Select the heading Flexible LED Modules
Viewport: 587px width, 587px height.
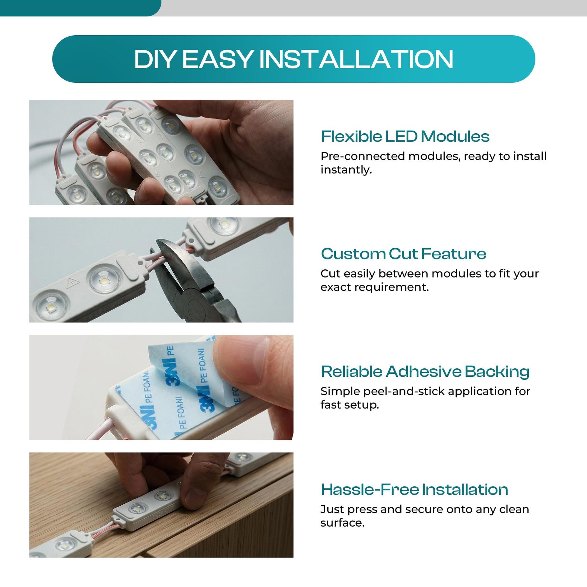click(405, 136)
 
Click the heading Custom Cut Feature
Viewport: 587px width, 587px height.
click(404, 254)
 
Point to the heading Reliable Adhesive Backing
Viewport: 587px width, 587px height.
click(425, 372)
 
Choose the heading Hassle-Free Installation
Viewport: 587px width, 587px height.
click(414, 490)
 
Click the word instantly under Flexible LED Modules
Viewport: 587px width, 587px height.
click(346, 170)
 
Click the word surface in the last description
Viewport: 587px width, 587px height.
click(342, 523)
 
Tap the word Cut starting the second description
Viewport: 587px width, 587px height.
click(329, 274)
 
